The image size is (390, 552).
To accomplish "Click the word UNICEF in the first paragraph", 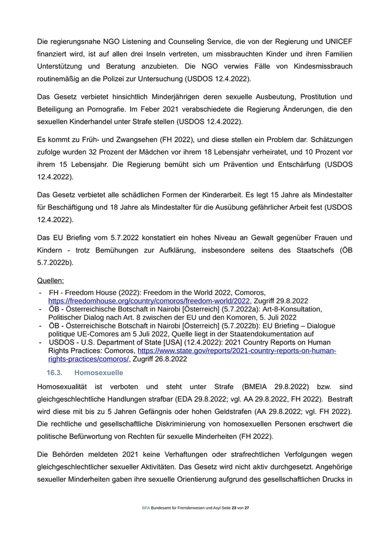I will pos(337,42).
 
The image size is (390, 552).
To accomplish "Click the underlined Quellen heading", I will pos(50,280).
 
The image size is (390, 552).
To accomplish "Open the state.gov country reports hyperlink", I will pos(237,351).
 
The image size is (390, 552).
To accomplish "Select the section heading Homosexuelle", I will pos(98,372).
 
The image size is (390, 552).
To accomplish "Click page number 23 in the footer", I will pos(234,508).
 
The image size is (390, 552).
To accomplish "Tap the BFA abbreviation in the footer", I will pos(146,508).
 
